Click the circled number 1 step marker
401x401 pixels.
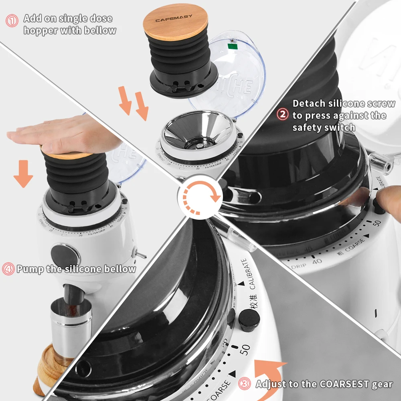click(12, 20)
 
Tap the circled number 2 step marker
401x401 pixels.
click(283, 115)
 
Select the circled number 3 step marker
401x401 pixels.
click(245, 384)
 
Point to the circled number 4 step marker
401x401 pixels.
click(8, 268)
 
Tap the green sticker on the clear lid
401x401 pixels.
click(231, 46)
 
